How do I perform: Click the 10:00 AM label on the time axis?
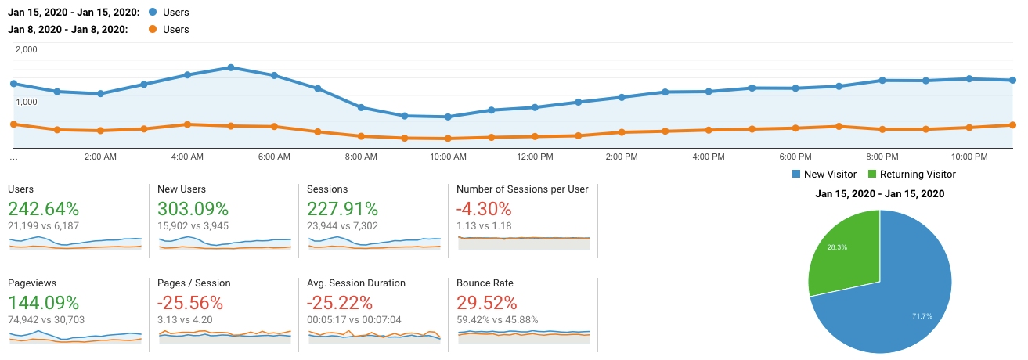point(448,157)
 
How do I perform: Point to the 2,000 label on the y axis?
point(26,49)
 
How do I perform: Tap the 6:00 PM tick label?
point(795,157)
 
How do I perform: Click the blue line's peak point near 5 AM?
point(231,67)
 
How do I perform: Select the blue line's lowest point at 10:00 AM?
point(448,117)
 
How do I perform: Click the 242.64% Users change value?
point(44,209)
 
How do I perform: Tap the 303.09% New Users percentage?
point(193,209)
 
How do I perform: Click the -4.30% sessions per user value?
point(484,209)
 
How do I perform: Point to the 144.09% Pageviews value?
point(44,303)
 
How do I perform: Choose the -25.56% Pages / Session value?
point(190,303)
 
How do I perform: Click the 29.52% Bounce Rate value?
point(487,303)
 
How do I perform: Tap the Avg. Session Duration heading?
point(357,283)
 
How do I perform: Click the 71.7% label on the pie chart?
point(917,316)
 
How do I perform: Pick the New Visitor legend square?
point(797,175)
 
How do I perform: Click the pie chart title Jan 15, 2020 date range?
point(879,194)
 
